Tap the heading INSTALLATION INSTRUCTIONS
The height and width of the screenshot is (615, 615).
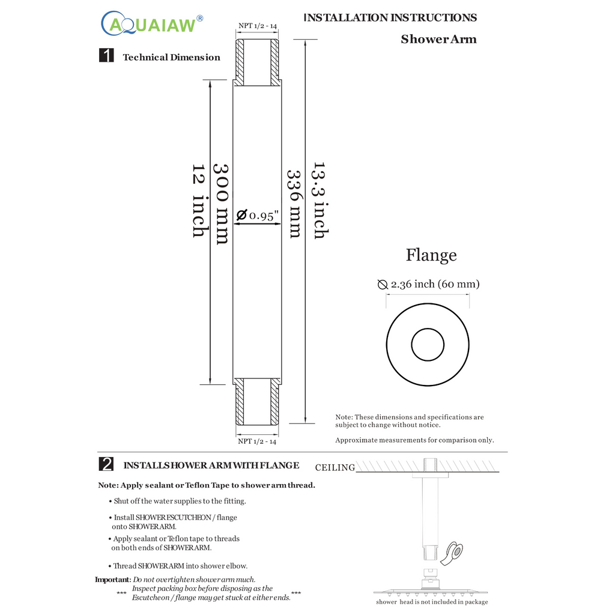pos(390,17)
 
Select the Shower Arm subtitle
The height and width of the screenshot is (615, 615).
pos(438,40)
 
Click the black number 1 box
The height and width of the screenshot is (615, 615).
pos(106,56)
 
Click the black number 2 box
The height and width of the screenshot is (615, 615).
pos(106,464)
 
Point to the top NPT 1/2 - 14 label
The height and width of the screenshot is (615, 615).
pos(257,26)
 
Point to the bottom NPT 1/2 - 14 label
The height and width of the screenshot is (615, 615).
pos(257,441)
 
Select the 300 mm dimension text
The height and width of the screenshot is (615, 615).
pos(222,204)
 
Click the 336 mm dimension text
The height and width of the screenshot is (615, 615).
pos(294,204)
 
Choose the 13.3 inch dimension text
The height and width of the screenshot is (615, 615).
pos(319,200)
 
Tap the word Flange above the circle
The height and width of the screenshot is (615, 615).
pos(431,255)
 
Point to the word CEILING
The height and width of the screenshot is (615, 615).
pos(335,468)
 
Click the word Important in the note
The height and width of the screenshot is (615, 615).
pos(112,580)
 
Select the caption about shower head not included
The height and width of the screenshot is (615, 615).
pos(432,602)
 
